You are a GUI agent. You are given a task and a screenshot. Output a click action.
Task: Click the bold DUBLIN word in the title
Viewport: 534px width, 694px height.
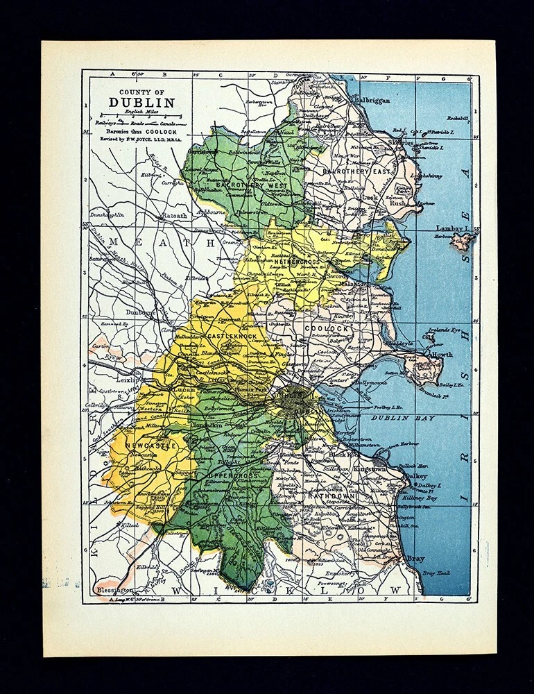tap(141, 103)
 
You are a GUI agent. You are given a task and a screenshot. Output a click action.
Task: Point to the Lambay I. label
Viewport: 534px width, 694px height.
tap(451, 228)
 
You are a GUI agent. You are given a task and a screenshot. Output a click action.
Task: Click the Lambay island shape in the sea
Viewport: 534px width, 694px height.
tap(463, 242)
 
